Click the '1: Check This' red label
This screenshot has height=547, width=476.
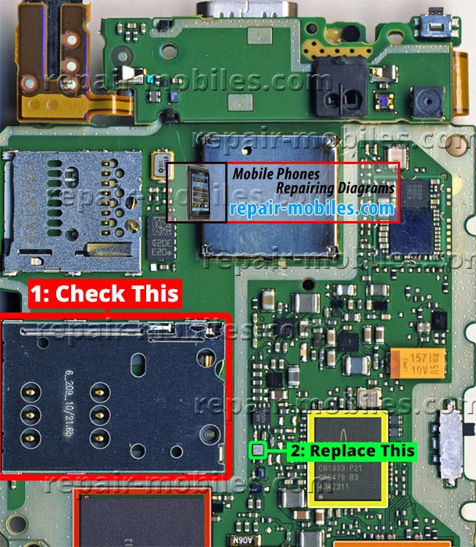[x=106, y=295]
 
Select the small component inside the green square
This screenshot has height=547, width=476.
[x=258, y=449]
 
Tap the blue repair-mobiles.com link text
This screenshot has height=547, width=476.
[x=311, y=209]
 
